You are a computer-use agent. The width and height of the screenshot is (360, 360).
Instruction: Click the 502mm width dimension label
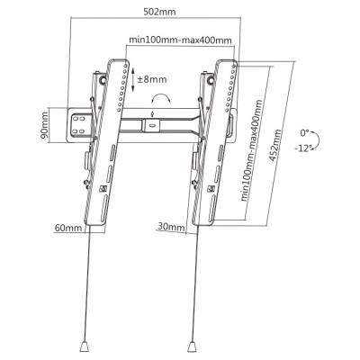(x=159, y=12)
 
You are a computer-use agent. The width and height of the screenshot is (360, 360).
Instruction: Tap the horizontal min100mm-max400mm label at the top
(x=180, y=40)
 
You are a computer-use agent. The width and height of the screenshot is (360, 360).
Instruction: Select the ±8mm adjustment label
(x=152, y=79)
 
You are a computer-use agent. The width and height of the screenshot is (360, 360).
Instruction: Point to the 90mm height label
(x=44, y=125)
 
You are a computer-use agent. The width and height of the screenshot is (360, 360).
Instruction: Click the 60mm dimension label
(x=67, y=228)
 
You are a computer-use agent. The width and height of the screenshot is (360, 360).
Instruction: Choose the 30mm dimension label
(x=170, y=227)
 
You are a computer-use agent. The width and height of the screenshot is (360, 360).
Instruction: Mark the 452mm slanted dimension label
(x=275, y=147)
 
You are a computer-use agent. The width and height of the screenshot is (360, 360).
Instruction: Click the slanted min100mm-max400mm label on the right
(x=252, y=150)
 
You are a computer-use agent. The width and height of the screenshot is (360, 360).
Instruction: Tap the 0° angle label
(x=305, y=132)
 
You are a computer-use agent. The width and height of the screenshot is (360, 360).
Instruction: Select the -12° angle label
(x=303, y=148)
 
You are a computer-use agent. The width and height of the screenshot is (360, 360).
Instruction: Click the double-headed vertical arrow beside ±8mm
(x=132, y=79)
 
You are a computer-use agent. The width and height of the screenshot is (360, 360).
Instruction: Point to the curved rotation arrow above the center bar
(x=161, y=97)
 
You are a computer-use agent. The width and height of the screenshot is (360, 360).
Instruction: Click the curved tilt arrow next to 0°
(x=318, y=139)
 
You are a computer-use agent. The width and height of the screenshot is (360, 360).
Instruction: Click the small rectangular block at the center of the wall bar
(x=151, y=125)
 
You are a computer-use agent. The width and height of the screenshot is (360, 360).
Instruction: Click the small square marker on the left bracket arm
(x=103, y=189)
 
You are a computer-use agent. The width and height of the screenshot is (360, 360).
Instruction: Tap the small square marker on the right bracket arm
(x=211, y=189)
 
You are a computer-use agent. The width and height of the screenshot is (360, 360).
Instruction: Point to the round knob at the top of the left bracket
(x=103, y=80)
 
